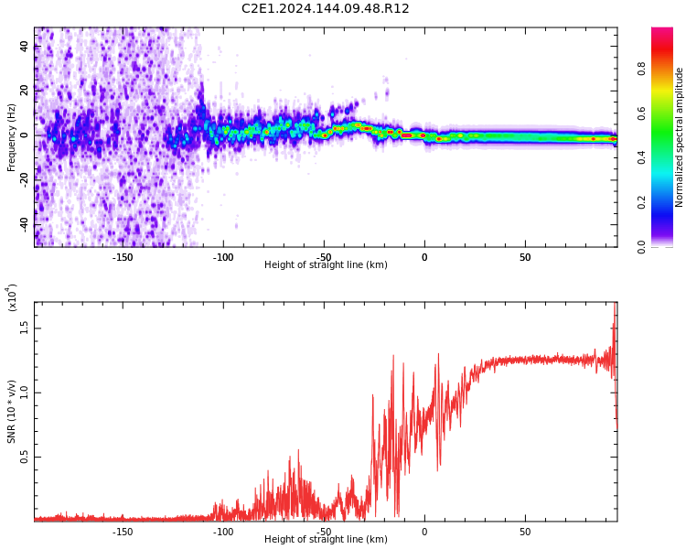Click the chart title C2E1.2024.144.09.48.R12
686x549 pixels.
(326, 9)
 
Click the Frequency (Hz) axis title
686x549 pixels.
(12, 137)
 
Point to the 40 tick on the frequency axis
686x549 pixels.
(26, 47)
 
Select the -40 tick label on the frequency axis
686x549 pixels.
(26, 223)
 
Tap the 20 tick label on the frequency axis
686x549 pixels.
(26, 91)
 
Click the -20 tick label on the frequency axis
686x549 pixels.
(26, 179)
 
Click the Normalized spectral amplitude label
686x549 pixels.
(680, 137)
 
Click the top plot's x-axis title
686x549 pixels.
(326, 265)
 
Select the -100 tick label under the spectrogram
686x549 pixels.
(223, 257)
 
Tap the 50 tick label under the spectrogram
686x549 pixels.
(525, 257)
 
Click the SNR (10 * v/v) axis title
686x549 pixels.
(12, 412)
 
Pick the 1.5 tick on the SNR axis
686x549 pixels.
(25, 328)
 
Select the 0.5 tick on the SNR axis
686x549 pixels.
(25, 457)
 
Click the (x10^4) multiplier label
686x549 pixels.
(12, 297)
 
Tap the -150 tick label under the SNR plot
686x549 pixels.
(123, 532)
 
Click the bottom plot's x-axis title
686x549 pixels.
(326, 540)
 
